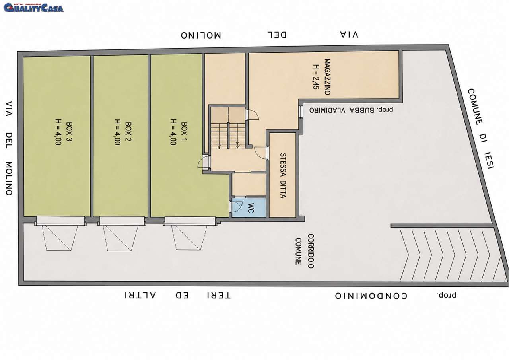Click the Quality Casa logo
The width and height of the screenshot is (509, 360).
coord(33,8)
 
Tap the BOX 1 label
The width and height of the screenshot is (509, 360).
coord(184,132)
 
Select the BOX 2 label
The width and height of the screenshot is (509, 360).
coord(128,132)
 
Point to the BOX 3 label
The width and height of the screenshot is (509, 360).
coord(69,132)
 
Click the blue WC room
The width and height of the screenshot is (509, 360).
coord(249,208)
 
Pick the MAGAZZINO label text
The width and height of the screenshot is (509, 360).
coord(327,77)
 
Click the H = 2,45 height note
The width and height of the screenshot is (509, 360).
coord(315,77)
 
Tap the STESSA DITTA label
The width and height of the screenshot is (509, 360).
coord(283,175)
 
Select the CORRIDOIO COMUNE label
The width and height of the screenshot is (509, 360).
coord(305,251)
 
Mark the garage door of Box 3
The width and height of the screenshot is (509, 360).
coord(60,221)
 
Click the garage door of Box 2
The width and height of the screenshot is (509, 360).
coord(122,221)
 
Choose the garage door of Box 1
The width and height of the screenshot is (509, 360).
coord(190,221)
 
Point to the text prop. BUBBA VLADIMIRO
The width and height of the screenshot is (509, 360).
coord(351,110)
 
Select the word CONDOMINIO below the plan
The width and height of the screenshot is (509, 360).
coord(371,296)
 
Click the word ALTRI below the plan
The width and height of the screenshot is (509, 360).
coord(140,295)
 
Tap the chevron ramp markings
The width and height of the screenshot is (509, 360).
coord(451,255)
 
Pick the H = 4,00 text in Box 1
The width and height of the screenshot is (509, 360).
coord(173,132)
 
